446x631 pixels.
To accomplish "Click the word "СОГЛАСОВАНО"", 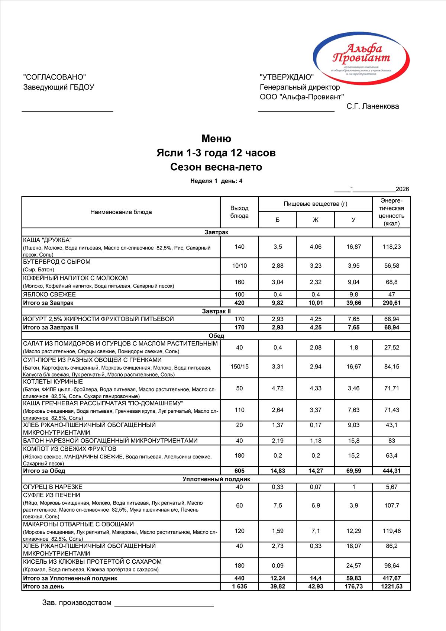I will click(54, 77).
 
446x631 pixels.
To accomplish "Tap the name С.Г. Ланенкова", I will click(372, 106).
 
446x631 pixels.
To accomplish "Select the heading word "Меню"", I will click(216, 139).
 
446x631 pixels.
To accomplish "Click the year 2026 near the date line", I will click(402, 189).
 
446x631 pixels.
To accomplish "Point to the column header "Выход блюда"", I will click(239, 212).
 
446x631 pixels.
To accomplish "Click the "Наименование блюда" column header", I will click(121, 212).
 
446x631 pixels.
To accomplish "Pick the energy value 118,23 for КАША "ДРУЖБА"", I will click(392, 247).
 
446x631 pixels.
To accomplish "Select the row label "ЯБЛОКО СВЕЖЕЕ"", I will click(49, 294).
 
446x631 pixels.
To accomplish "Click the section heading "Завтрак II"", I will click(216, 311).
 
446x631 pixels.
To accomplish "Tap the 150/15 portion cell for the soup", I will click(239, 367).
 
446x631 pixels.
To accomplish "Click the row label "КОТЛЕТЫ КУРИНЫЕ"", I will click(53, 382).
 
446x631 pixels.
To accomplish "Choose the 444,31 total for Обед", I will click(392, 471).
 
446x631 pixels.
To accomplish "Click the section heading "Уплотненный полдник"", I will click(216, 479).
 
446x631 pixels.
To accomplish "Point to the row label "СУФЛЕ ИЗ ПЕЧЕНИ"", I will click(52, 495).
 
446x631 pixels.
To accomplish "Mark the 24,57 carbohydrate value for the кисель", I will click(353, 566).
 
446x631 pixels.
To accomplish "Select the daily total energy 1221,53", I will click(392, 586).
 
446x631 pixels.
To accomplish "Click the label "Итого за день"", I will click(43, 586).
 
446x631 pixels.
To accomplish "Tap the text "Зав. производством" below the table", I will click(77, 603).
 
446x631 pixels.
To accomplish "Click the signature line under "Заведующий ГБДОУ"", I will click(67, 111).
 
